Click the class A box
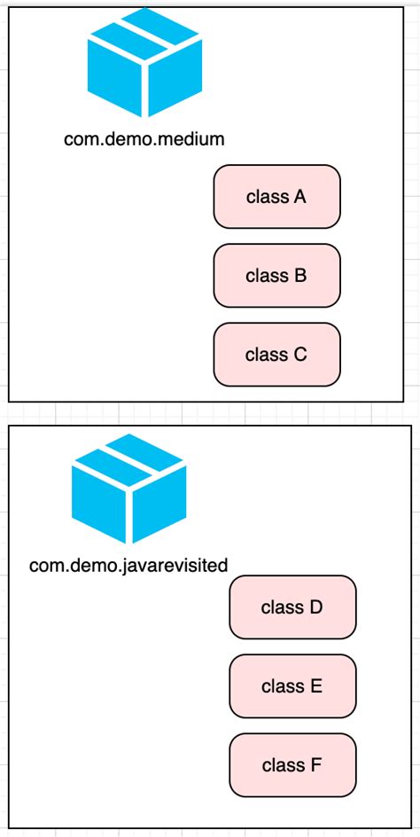click(x=276, y=197)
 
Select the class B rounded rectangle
click(x=276, y=276)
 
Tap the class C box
click(x=276, y=355)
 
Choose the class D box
click(x=292, y=607)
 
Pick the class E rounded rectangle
click(x=292, y=686)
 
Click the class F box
click(x=292, y=764)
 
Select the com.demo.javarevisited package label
click(x=128, y=565)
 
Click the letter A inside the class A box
click(x=299, y=197)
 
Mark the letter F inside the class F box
click(x=316, y=764)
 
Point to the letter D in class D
click(x=316, y=607)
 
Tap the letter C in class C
click(x=299, y=355)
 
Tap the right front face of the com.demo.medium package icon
click(x=176, y=84)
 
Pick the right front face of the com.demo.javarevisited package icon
click(x=161, y=511)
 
